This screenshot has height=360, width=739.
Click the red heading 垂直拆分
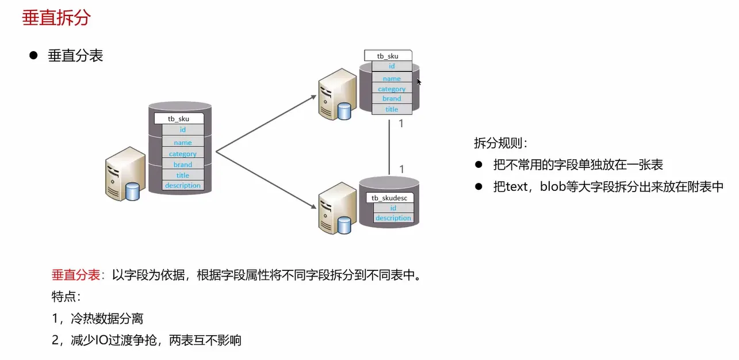tap(56, 18)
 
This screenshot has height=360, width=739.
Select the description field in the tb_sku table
tap(183, 185)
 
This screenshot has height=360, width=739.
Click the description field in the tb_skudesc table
tap(393, 218)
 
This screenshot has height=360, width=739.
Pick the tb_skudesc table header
tap(392, 198)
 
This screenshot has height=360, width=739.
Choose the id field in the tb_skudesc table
tap(393, 208)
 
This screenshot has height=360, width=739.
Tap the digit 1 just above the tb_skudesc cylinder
tap(401, 169)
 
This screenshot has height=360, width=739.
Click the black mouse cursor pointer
tap(419, 82)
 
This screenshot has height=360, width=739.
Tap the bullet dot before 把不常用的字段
tap(478, 164)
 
